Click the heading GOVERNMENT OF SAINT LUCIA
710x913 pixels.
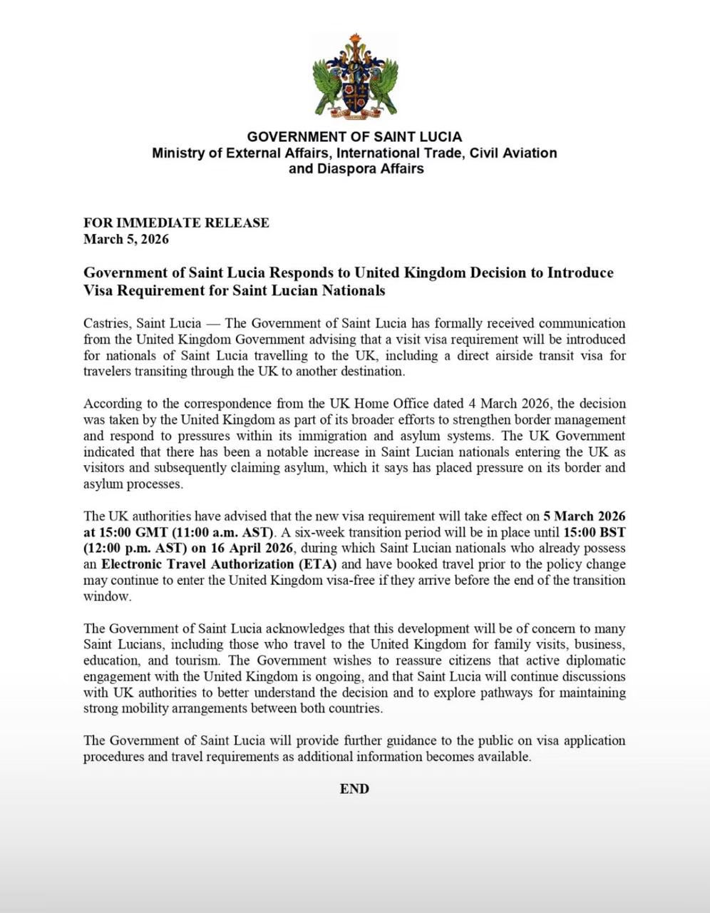[354, 136]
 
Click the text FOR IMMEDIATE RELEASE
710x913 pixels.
[176, 223]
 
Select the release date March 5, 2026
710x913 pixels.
[126, 239]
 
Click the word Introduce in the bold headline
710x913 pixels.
[580, 273]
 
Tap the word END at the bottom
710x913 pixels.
[354, 789]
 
